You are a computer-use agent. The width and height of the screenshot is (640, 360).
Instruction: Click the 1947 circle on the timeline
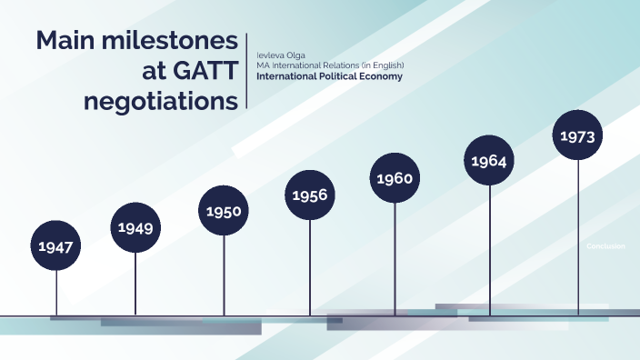(56, 245)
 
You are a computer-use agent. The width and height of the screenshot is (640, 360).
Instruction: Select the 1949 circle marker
(135, 227)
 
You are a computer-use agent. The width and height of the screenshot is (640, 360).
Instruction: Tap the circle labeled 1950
(224, 211)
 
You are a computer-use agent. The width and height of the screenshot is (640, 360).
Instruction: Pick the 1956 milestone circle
(310, 195)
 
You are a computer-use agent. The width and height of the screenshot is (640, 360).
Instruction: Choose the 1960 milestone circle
(395, 178)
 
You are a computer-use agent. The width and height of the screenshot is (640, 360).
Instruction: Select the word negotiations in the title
(161, 101)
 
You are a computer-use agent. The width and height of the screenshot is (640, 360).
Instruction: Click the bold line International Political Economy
(329, 76)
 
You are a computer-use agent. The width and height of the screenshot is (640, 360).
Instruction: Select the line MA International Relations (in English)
(329, 65)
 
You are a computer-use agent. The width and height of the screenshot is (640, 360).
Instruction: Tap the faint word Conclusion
(605, 246)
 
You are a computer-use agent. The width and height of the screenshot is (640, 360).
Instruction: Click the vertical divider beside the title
(247, 71)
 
